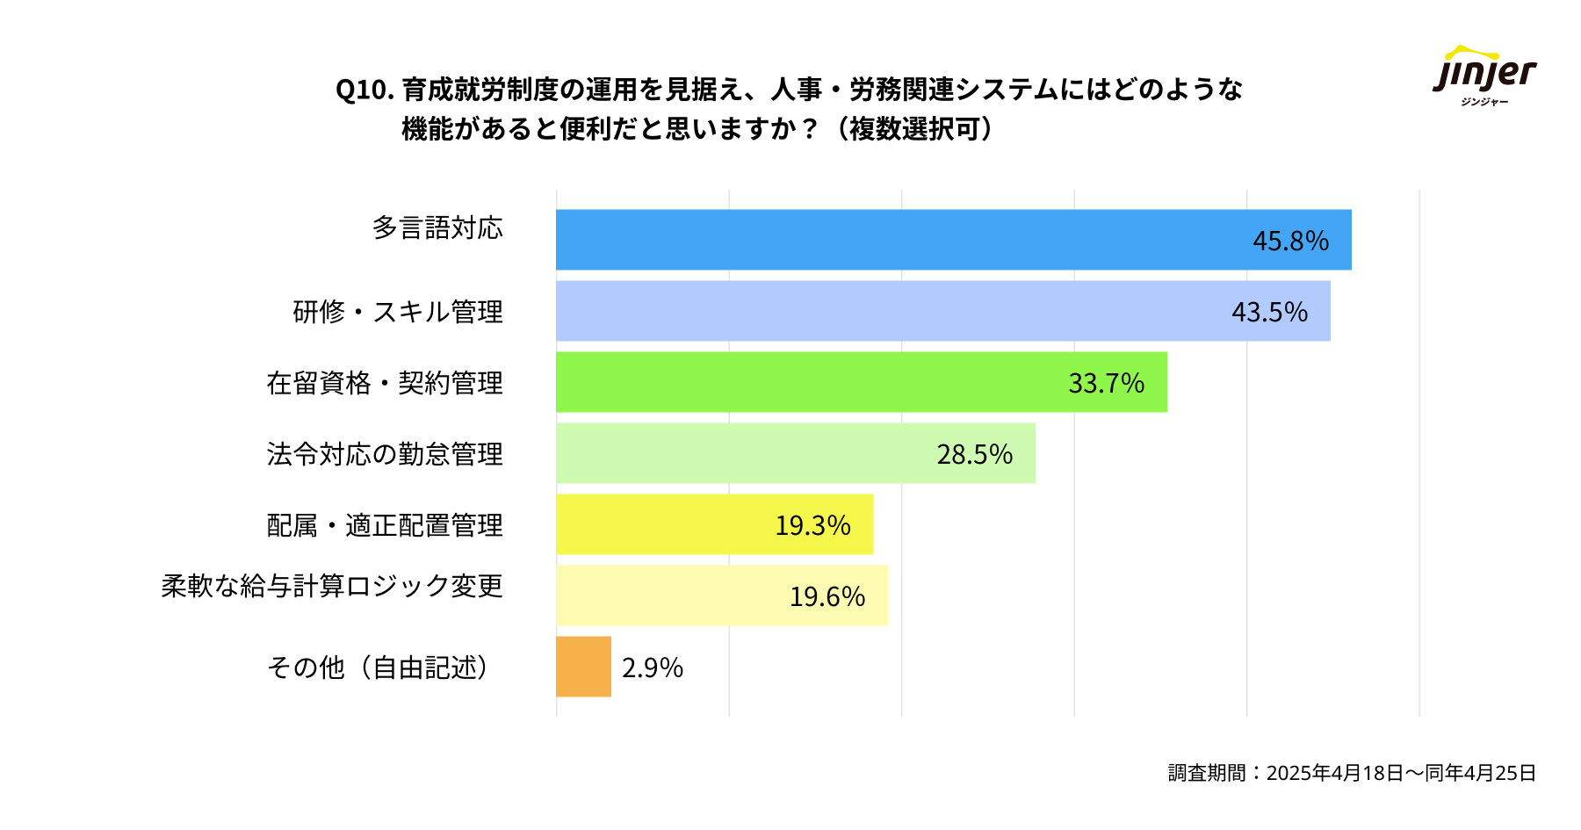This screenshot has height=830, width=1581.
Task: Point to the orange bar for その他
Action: tap(583, 667)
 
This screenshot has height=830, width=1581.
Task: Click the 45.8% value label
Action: tap(1290, 241)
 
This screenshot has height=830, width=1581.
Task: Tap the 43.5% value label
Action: tap(1269, 312)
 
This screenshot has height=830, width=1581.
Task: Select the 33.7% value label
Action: tap(1106, 383)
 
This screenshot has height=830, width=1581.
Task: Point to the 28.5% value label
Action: tap(974, 454)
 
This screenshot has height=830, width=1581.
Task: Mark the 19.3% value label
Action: tap(812, 525)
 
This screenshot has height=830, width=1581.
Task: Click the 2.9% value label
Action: tap(653, 668)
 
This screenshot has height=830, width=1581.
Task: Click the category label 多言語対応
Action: tap(437, 228)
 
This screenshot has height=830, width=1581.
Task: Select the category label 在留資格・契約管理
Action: tap(385, 383)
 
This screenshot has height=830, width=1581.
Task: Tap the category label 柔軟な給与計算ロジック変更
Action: tap(332, 586)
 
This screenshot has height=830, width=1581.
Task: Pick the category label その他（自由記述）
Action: tap(378, 668)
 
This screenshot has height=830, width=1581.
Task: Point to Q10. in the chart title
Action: tap(365, 90)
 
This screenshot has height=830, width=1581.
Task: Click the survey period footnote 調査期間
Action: tap(1352, 772)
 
